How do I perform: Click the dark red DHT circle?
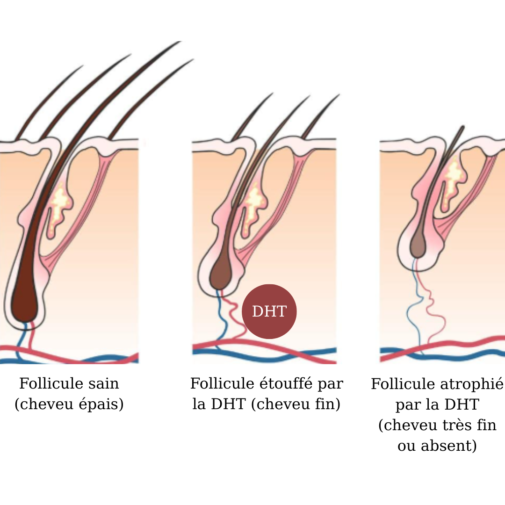(x=269, y=311)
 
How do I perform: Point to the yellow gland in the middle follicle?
(x=255, y=201)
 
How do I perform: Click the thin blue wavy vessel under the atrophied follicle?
(x=414, y=309)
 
